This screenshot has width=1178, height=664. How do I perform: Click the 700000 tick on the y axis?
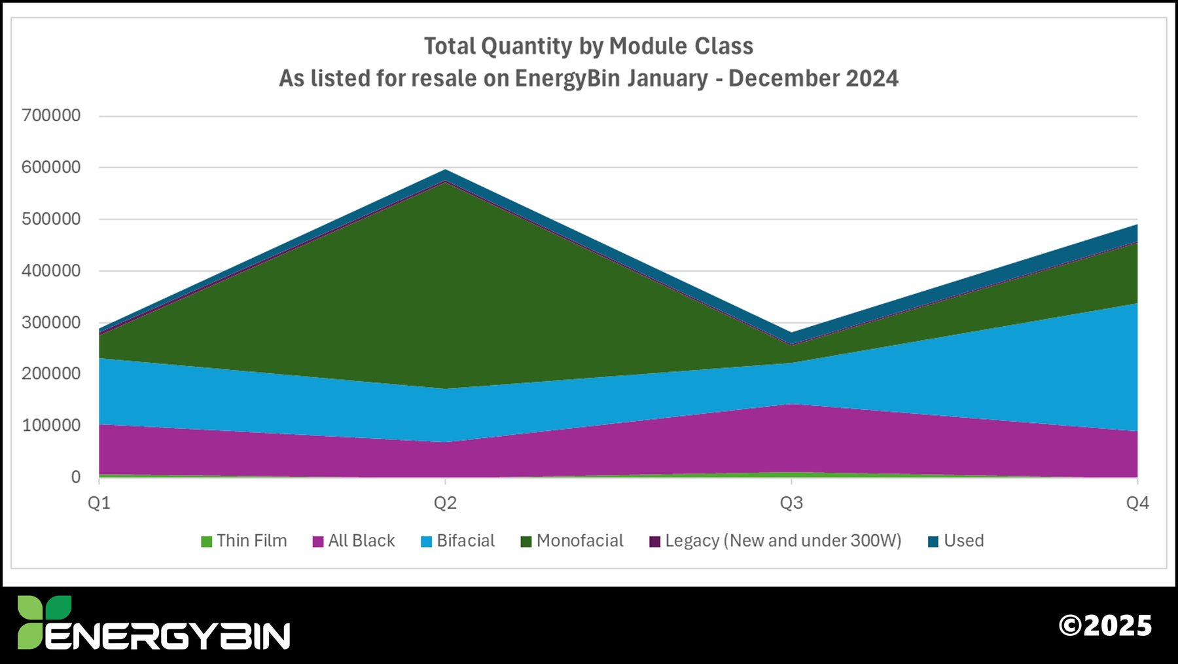click(51, 116)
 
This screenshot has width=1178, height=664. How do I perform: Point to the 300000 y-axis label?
click(51, 322)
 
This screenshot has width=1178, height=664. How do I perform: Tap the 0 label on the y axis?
click(76, 477)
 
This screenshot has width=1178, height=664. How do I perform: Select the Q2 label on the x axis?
click(445, 503)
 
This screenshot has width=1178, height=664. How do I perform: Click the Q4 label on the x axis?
click(1137, 503)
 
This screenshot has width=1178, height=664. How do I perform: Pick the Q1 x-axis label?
click(99, 503)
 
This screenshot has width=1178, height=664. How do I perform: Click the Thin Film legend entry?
click(244, 541)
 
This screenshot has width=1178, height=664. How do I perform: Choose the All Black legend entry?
click(354, 541)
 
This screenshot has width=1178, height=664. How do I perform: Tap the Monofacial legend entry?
click(572, 541)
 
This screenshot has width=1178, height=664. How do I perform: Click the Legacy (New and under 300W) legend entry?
click(776, 541)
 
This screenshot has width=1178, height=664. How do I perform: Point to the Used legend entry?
click(956, 541)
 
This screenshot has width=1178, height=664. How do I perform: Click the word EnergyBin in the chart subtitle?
click(567, 79)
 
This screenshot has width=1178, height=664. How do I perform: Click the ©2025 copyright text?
click(1105, 625)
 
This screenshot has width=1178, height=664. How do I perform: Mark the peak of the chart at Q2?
click(446, 170)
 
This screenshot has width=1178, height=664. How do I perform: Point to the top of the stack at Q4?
click(1137, 225)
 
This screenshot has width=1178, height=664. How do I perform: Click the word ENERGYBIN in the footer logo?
click(168, 635)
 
